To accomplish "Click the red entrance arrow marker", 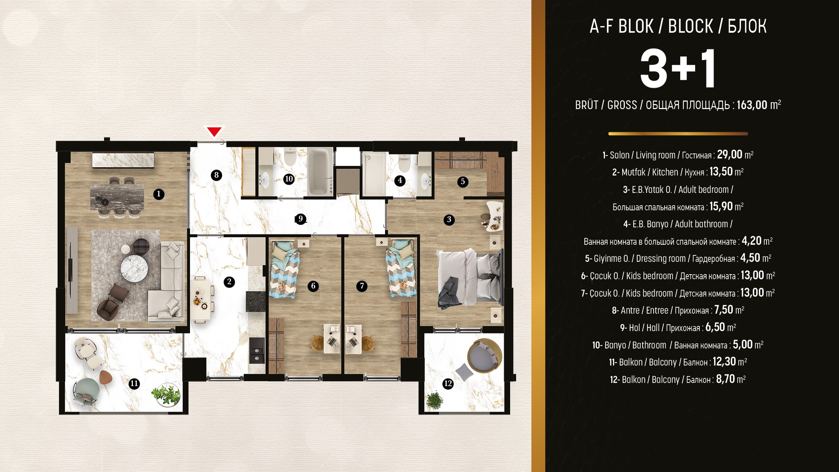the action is coord(214,131).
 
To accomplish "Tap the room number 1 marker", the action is coord(159,194).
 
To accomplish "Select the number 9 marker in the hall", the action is coord(301,219).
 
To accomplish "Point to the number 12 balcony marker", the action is coord(448,384).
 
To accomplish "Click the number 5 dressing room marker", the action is coord(462,181).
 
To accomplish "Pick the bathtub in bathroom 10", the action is coord(320,172).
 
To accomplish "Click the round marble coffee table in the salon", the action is coord(134,268).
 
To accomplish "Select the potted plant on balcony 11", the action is coord(166,394).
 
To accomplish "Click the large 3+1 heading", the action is coord(678,69).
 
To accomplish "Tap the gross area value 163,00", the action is coord(752,105).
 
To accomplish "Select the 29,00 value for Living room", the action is coord(730,154).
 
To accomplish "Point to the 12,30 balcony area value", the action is coord(724,362).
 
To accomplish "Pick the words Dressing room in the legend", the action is coord(661,259).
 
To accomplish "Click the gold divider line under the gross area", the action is coord(678,134).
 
